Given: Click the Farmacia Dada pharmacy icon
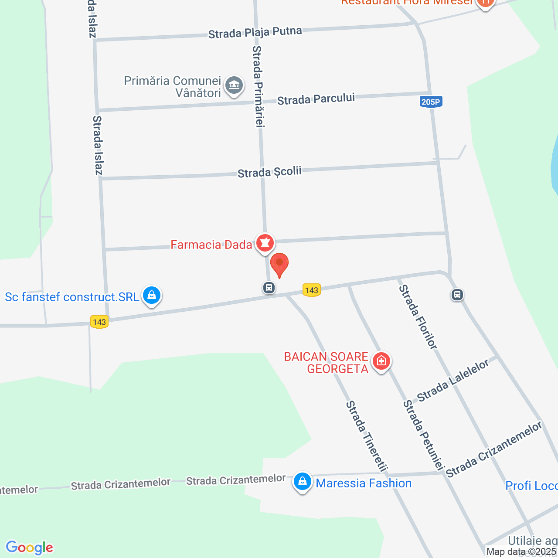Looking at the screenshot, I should tap(265, 243).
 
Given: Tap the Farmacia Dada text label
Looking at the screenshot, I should tap(211, 245).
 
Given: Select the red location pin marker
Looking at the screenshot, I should tap(279, 264).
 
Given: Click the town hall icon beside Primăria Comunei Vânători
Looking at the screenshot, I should tap(235, 85).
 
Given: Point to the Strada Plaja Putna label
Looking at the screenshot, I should tap(255, 33).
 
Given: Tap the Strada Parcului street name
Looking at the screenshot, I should tap(316, 99).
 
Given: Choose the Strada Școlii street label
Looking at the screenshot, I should tap(269, 172).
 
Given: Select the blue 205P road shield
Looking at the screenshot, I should tap(431, 102).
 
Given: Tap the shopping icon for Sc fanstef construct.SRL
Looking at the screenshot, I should tap(151, 296).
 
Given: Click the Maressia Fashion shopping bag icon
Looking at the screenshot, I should tap(302, 482).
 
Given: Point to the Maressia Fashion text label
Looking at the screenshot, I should tap(364, 483).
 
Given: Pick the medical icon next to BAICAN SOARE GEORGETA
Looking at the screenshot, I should tap(381, 361).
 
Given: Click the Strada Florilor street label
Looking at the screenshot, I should tap(418, 317).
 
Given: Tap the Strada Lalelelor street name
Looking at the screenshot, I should tap(453, 381).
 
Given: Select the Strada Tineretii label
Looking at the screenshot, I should tap(367, 436).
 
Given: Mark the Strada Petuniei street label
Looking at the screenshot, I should tap(423, 435).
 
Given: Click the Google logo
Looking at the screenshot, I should tap(29, 548).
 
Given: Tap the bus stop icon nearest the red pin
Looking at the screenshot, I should tap(269, 288).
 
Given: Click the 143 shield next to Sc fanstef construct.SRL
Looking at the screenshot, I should tap(99, 322).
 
